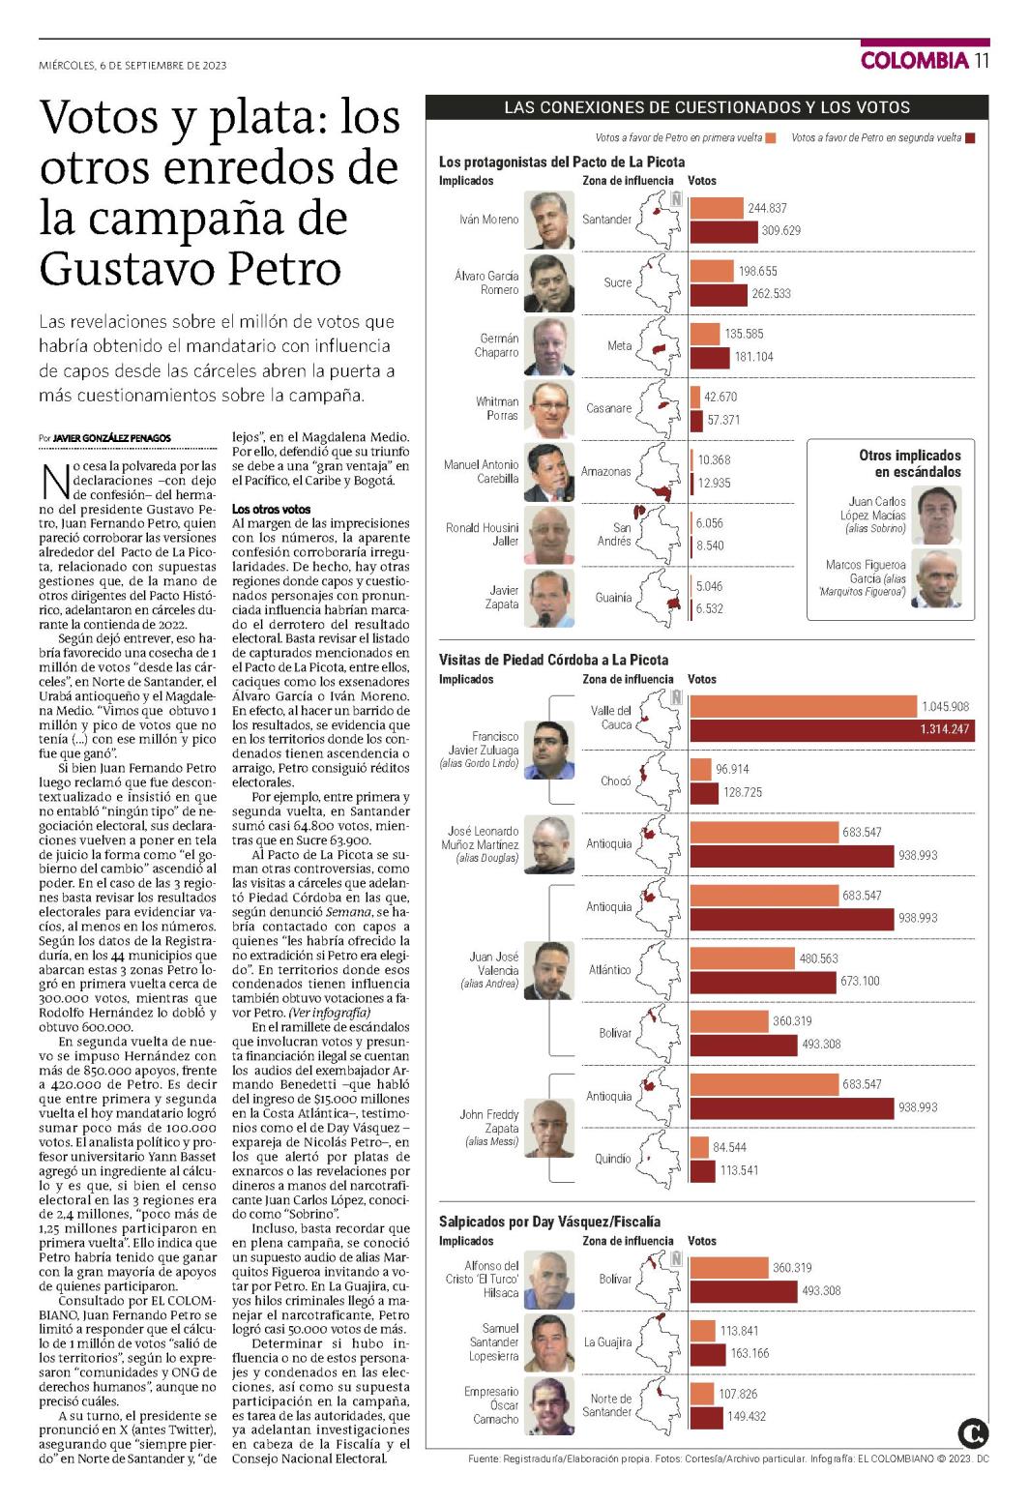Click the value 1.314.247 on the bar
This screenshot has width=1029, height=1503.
944,729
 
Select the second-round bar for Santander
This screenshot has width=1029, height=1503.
723,231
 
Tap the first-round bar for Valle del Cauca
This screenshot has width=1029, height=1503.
803,707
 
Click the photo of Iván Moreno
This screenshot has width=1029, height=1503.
548,221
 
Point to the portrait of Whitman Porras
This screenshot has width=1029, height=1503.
548,408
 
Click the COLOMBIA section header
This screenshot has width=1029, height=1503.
915,61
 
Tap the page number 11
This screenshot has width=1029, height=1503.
982,61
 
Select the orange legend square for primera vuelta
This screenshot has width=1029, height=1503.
771,138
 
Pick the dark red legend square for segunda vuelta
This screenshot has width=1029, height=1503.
970,138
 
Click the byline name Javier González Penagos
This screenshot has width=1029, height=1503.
112,438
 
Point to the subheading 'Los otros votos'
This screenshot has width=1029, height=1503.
271,510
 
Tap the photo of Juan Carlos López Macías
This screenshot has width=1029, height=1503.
937,516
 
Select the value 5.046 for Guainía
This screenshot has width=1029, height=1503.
709,586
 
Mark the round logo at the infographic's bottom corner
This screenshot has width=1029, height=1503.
972,1434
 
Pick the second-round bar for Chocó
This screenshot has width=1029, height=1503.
704,792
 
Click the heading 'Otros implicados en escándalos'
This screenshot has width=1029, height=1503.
910,463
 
